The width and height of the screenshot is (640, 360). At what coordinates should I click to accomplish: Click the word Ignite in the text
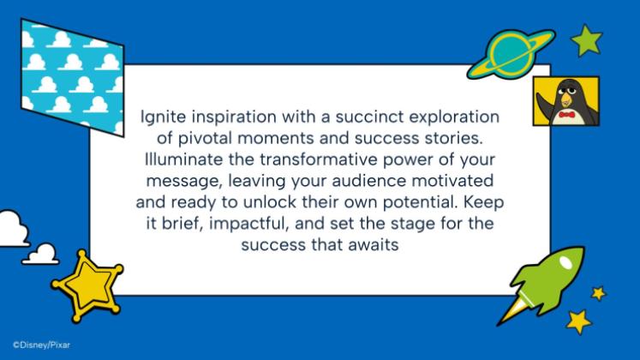(x=158, y=117)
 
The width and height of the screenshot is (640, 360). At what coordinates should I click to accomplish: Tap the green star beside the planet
(x=588, y=39)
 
